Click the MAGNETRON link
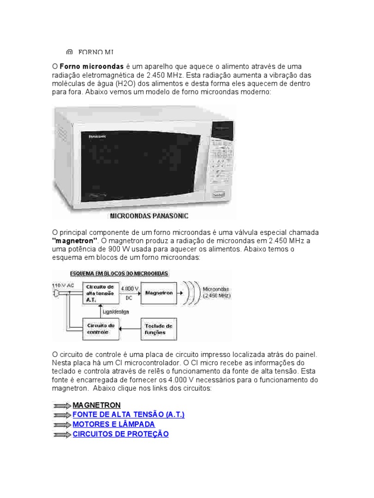[96, 405]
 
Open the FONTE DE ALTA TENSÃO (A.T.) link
[129, 415]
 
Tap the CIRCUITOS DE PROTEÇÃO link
[120, 434]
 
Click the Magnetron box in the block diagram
[159, 293]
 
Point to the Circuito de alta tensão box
[99, 293]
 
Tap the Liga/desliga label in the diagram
[115, 312]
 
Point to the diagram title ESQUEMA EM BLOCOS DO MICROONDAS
[119, 273]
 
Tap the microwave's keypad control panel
[222, 160]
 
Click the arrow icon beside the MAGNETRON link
[61, 406]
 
